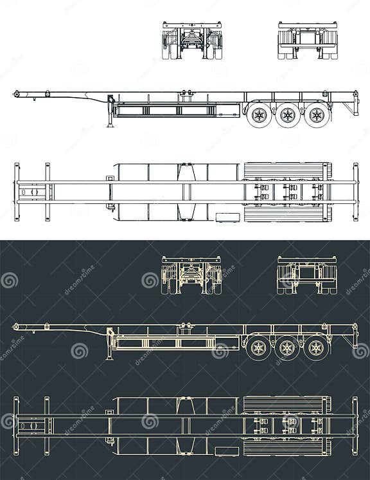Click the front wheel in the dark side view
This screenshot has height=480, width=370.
pyautogui.click(x=259, y=349)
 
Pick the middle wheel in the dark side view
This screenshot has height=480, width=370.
pyautogui.click(x=287, y=349)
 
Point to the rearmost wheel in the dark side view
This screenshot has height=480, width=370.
pyautogui.click(x=315, y=349)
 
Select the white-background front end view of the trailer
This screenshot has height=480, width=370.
pyautogui.click(x=192, y=41)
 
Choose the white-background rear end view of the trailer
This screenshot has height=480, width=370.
pyautogui.click(x=308, y=41)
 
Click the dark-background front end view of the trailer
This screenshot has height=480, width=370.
pyautogui.click(x=192, y=275)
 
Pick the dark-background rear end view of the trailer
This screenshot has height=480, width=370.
pyautogui.click(x=308, y=275)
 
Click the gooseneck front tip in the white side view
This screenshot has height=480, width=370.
pyautogui.click(x=16, y=95)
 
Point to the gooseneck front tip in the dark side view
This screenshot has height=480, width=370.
pyautogui.click(x=16, y=328)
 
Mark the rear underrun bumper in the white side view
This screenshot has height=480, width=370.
pyautogui.click(x=353, y=106)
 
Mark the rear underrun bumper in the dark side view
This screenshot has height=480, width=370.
pyautogui.click(x=353, y=338)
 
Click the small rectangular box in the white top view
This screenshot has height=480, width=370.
pyautogui.click(x=227, y=217)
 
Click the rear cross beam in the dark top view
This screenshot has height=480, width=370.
pyautogui.click(x=355, y=425)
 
